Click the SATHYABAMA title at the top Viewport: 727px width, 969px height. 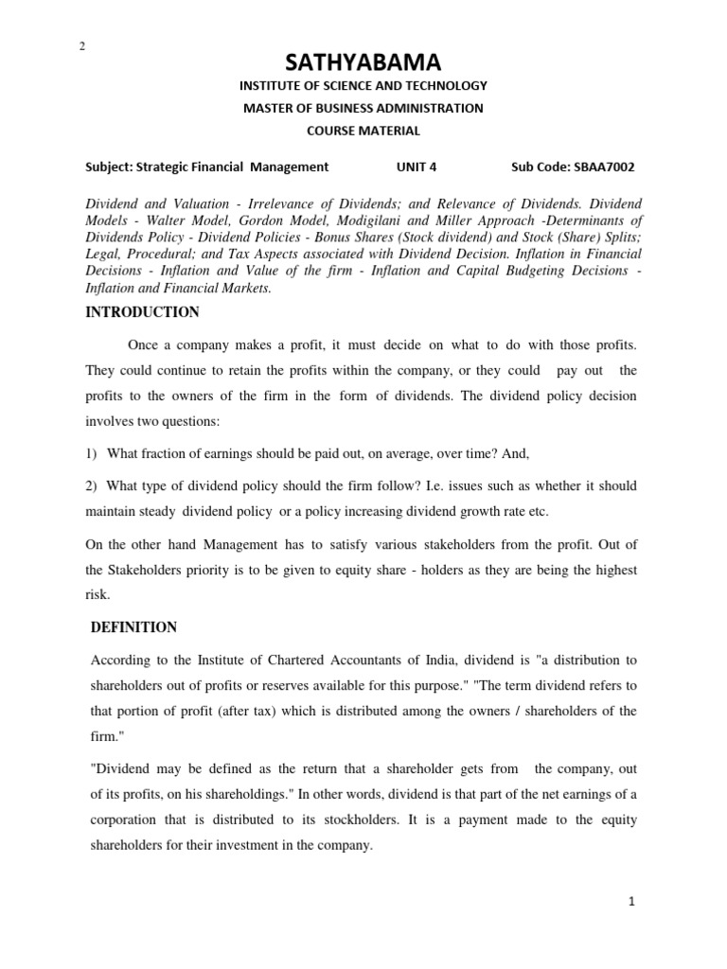click(363, 62)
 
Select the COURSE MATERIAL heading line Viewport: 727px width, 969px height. click(363, 131)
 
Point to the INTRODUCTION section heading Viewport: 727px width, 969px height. click(142, 312)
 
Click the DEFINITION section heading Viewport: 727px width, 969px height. click(133, 627)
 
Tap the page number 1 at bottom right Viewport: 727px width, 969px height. click(631, 902)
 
